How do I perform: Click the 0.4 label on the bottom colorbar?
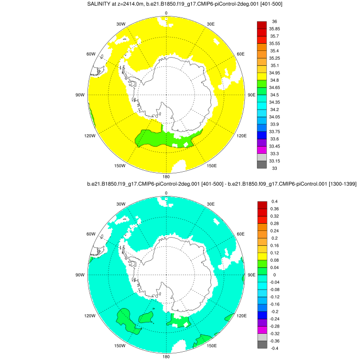coord(275,201)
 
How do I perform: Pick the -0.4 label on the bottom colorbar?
coord(276,348)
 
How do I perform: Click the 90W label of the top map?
coord(80,95)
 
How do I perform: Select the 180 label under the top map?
coord(166,176)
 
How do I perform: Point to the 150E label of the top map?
coord(211,166)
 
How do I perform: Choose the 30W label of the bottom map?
coord(121,204)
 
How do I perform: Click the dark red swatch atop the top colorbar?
coord(261,25)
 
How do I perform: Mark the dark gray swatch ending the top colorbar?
coord(261,165)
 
